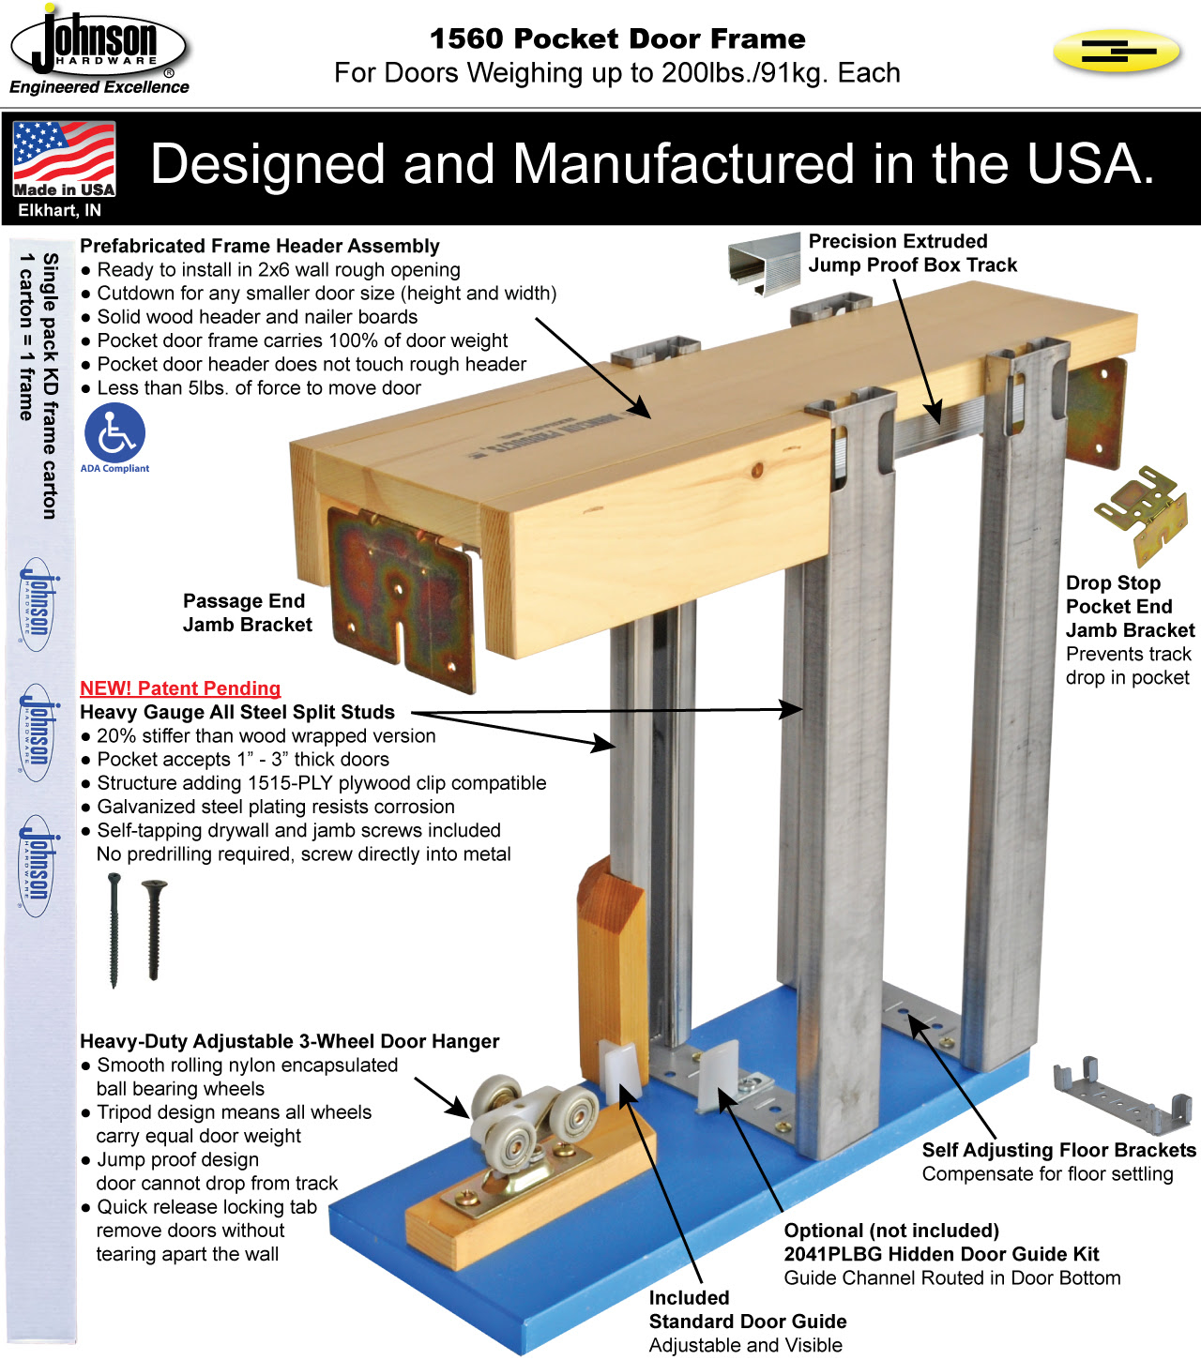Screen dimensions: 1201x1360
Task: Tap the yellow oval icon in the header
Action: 1117,51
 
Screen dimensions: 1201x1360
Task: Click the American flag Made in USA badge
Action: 65,159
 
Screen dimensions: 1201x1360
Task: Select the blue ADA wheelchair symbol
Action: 114,433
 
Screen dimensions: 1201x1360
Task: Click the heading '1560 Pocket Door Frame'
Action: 617,39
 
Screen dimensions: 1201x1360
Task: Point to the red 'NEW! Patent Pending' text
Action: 180,688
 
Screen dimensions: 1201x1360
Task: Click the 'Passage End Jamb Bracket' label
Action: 247,612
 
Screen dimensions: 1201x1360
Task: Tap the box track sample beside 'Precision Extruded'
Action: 765,265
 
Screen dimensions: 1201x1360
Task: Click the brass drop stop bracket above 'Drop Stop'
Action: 1141,516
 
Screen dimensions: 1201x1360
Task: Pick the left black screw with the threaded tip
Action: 114,930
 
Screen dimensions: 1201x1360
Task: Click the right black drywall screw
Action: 155,929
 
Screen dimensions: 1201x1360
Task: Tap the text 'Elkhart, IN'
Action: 60,210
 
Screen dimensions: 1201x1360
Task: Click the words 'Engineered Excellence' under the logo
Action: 99,87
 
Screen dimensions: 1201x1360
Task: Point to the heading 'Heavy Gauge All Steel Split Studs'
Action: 237,712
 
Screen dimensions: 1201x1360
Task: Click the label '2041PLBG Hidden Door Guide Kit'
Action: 941,1254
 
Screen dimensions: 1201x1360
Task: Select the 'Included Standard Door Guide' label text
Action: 748,1309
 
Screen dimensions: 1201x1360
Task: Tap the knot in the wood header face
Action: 757,469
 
